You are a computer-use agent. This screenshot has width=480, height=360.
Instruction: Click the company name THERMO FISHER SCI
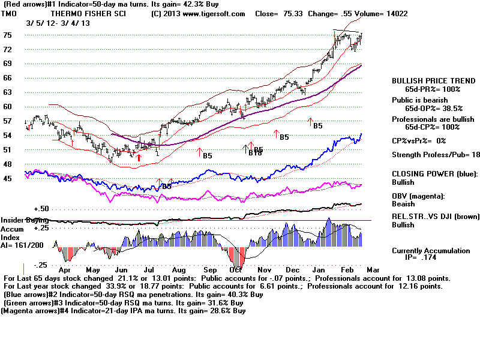(88, 13)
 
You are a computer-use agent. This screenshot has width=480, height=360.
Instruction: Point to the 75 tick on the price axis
(8, 35)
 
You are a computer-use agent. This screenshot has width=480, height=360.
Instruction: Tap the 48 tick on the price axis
(8, 164)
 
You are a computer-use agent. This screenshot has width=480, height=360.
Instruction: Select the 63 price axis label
(8, 92)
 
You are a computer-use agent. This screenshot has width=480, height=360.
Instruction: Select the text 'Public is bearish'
(420, 100)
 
